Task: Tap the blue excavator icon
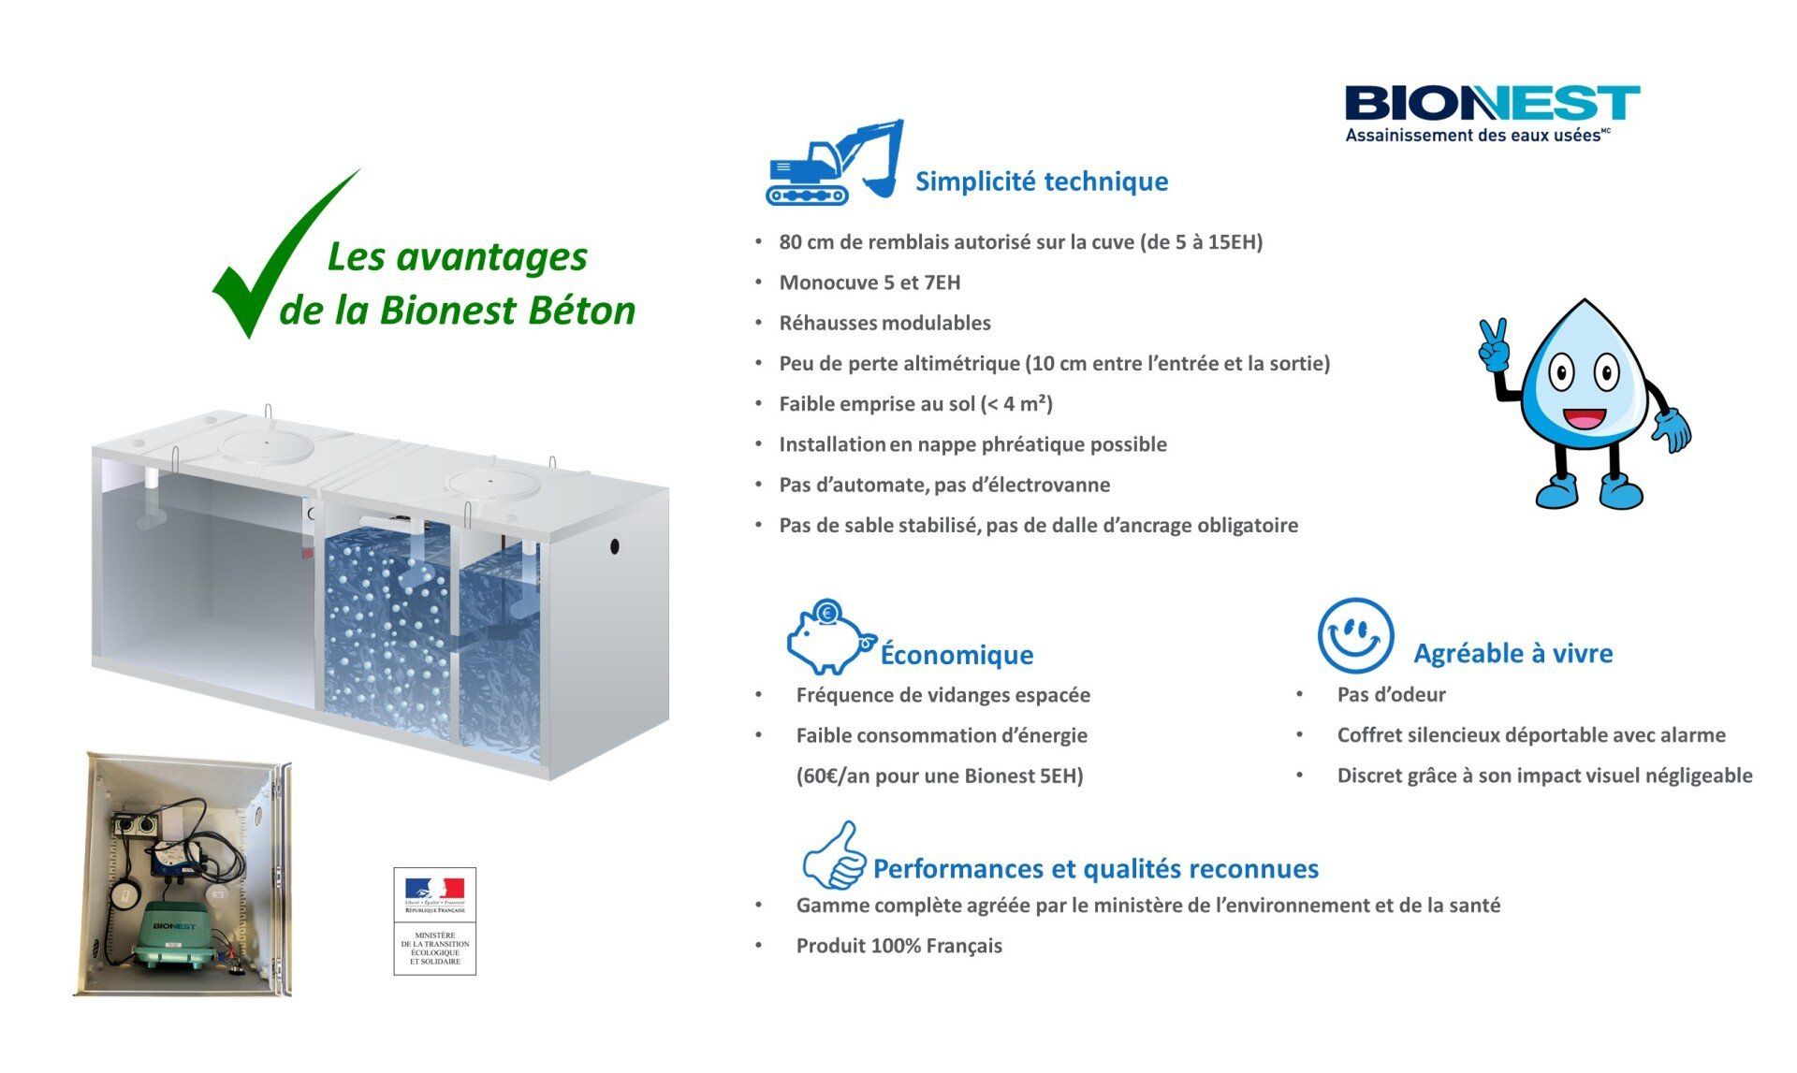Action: (833, 162)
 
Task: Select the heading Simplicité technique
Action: (1042, 181)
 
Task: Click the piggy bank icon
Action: (830, 637)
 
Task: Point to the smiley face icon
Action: (1355, 636)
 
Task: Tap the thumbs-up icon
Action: (834, 856)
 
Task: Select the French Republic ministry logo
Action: (434, 921)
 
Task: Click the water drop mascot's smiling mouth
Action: (1584, 417)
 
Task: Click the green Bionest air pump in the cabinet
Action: (175, 936)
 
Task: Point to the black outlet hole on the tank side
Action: (615, 545)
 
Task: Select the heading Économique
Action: (957, 655)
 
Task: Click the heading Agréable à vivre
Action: (1513, 653)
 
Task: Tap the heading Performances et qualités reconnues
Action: (1096, 869)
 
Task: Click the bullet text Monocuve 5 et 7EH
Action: (869, 283)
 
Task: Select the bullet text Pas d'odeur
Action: (1391, 695)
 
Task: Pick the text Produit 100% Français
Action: (898, 946)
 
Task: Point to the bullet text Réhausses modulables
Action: (884, 323)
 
